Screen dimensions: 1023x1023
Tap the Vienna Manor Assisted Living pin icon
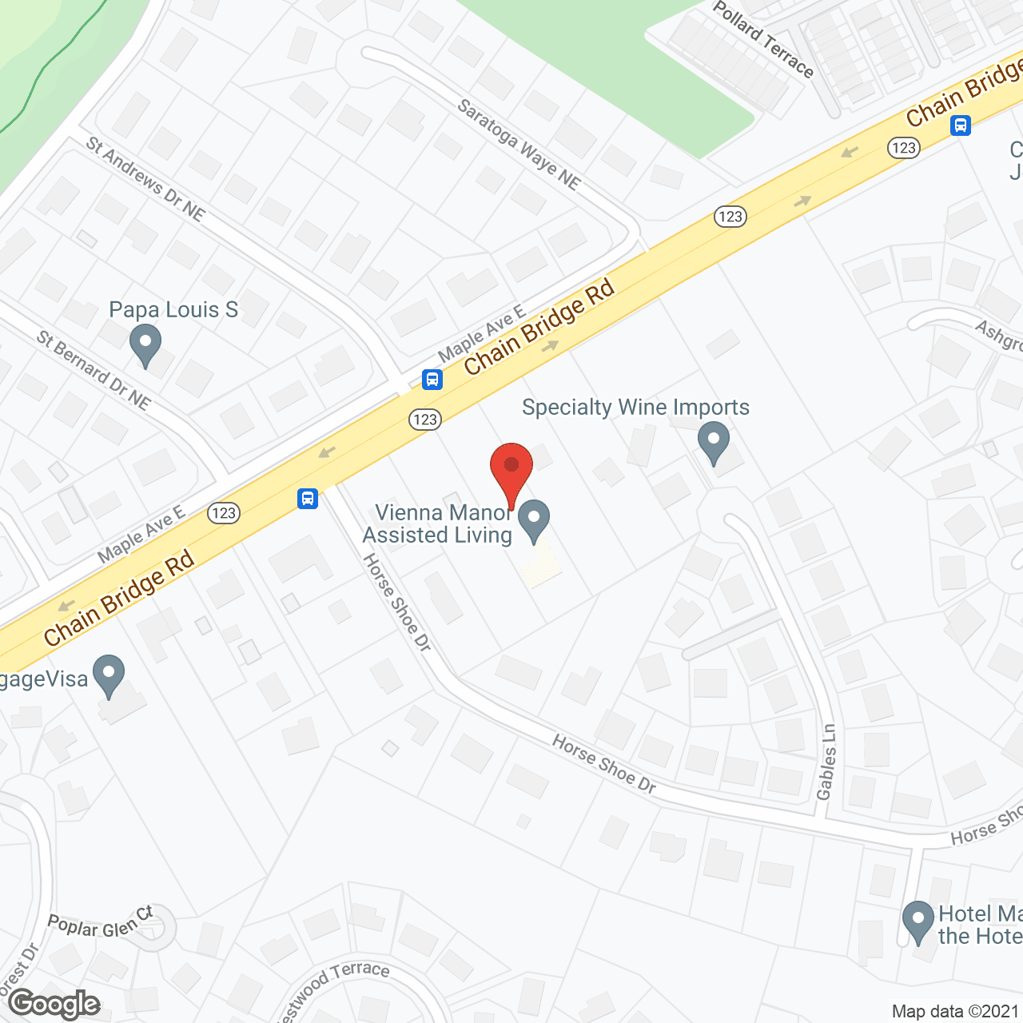(x=534, y=520)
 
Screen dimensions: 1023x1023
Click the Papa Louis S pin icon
(x=145, y=346)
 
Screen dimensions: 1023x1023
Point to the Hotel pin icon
(x=918, y=921)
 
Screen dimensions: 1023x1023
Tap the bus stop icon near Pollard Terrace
(x=961, y=125)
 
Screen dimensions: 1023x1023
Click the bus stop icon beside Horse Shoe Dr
(x=308, y=499)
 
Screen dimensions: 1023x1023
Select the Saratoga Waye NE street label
(x=519, y=144)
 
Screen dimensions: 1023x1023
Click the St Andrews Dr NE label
(x=145, y=178)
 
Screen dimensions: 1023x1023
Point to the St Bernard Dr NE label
(x=94, y=370)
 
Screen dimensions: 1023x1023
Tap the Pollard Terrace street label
(x=763, y=39)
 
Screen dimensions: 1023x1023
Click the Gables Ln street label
(x=826, y=762)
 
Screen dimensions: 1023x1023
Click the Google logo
(x=54, y=1004)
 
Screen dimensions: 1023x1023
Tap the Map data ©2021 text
(x=955, y=1011)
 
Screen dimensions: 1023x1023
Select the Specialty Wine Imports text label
(x=635, y=407)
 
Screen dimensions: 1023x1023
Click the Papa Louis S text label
(x=173, y=309)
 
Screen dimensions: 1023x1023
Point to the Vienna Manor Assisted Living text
(x=438, y=523)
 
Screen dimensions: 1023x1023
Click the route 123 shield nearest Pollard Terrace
(x=904, y=148)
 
